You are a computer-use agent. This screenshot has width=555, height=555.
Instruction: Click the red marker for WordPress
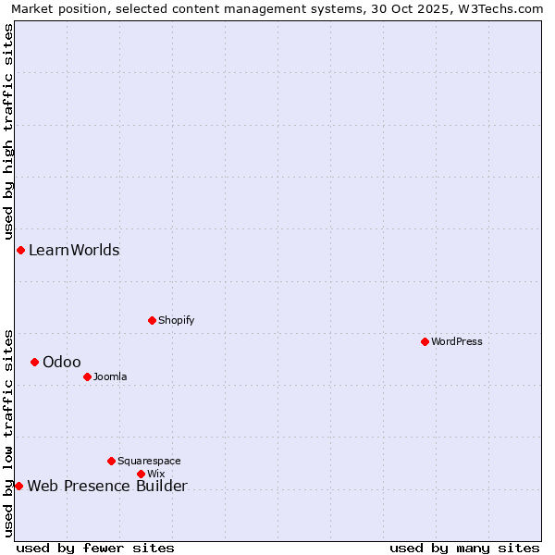tap(425, 341)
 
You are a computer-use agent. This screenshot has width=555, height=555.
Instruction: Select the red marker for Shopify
tap(152, 320)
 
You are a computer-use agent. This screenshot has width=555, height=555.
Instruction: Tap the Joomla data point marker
tap(87, 376)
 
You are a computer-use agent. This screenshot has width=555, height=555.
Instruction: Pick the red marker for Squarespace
tap(111, 461)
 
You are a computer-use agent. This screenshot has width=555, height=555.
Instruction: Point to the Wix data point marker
tap(141, 474)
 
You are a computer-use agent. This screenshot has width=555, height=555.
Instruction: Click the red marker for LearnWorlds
tap(20, 250)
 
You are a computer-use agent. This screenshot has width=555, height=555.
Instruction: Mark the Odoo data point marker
tap(34, 362)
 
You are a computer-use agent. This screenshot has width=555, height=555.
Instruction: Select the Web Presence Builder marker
tap(18, 486)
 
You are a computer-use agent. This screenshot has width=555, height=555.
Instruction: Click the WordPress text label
tap(457, 341)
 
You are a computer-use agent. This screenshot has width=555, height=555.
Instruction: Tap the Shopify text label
tap(176, 320)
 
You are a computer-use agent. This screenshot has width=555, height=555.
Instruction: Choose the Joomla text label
tap(110, 376)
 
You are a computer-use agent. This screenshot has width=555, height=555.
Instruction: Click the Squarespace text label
tap(149, 461)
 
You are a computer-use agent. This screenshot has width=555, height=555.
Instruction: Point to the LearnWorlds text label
tap(74, 250)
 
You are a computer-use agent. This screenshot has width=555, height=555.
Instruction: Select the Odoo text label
tap(61, 362)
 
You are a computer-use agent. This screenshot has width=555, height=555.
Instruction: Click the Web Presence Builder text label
tap(107, 487)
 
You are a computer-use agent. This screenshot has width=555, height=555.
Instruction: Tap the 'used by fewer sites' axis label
tap(95, 548)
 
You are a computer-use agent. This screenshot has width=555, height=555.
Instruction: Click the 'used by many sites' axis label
tap(464, 548)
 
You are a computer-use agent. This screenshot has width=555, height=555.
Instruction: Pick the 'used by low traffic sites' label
tap(8, 433)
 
